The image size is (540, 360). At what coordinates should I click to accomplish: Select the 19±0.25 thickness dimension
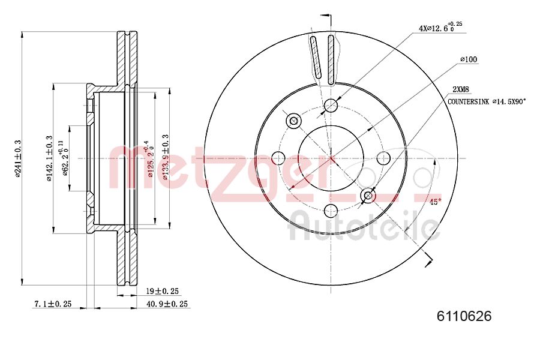pyautogui.click(x=163, y=291)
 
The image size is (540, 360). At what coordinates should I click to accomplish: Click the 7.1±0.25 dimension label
pyautogui.click(x=52, y=304)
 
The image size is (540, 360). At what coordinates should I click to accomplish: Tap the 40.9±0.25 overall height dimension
pyautogui.click(x=167, y=304)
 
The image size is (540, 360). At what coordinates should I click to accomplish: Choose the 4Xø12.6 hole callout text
pyautogui.click(x=440, y=27)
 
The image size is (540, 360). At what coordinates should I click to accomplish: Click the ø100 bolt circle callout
pyautogui.click(x=468, y=59)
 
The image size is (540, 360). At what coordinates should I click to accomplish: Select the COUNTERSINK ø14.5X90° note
pyautogui.click(x=487, y=102)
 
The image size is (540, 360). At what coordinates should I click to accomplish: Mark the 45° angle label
pyautogui.click(x=435, y=202)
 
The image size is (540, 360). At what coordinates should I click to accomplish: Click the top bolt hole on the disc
pyautogui.click(x=331, y=106)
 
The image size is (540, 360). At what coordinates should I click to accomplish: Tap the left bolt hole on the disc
pyautogui.click(x=278, y=158)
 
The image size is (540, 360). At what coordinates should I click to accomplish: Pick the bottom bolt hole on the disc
pyautogui.click(x=331, y=211)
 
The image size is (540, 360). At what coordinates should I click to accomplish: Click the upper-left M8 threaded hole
pyautogui.click(x=293, y=121)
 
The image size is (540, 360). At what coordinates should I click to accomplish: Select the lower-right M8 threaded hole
pyautogui.click(x=368, y=196)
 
